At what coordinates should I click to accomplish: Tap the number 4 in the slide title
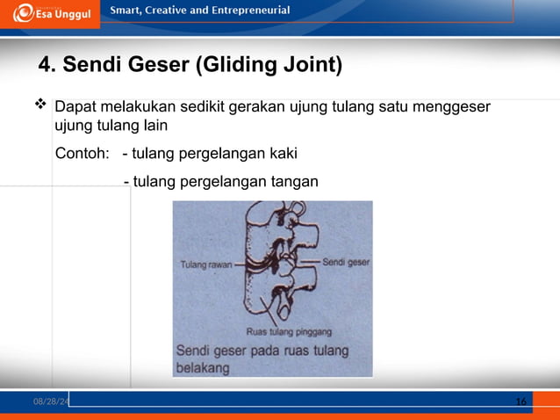[x=47, y=66]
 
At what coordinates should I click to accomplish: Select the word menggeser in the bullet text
[x=450, y=108]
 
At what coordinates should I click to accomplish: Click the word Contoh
[x=82, y=154]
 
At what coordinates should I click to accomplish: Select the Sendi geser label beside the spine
[x=346, y=262]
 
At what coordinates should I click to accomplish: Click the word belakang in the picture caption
[x=203, y=369]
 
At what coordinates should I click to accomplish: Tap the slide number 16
[x=521, y=402]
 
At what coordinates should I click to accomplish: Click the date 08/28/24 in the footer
[x=51, y=402]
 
